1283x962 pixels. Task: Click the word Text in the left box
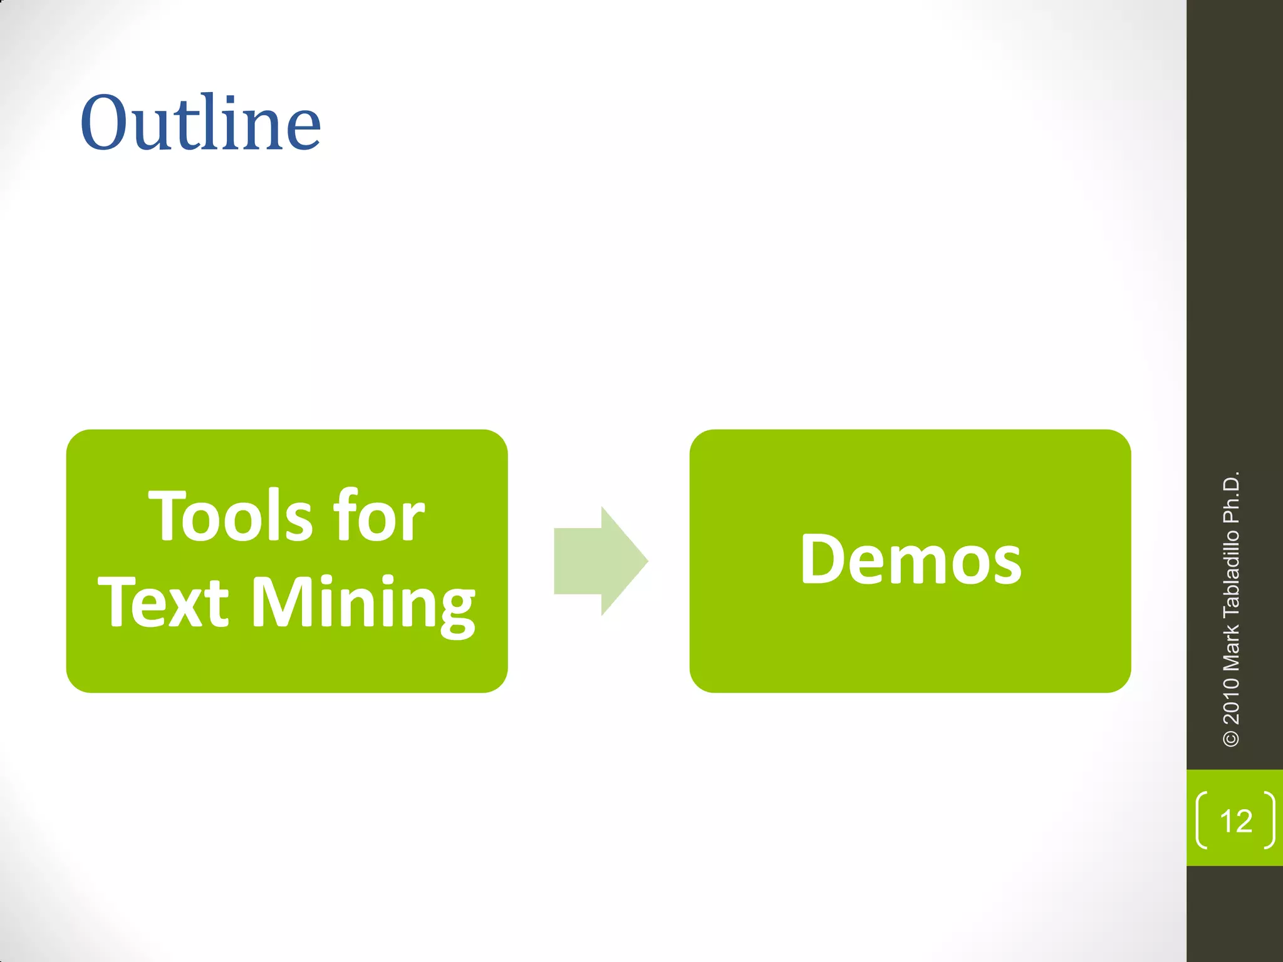(x=164, y=603)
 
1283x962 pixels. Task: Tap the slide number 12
(x=1235, y=821)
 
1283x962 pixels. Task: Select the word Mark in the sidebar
(x=1231, y=645)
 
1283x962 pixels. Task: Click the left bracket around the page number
(x=1202, y=820)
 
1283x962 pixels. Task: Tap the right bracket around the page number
(x=1269, y=820)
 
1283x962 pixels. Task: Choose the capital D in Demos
(x=823, y=559)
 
